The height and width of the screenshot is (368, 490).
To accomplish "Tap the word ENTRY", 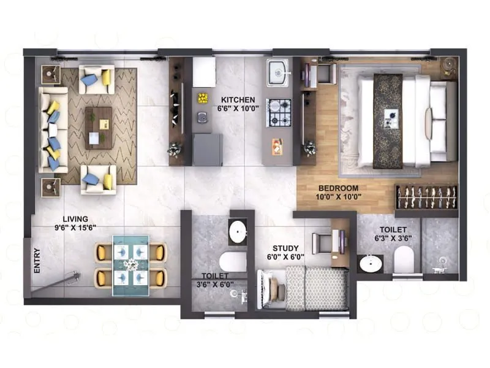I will [x=37, y=259].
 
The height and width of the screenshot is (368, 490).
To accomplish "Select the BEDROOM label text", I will [x=338, y=188].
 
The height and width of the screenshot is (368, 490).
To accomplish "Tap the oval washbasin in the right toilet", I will [x=370, y=264].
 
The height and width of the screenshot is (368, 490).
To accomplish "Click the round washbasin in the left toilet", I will [x=238, y=231].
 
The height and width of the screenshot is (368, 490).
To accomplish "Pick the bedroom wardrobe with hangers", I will [x=426, y=197].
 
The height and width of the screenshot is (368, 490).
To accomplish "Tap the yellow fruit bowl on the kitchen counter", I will [x=202, y=98].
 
